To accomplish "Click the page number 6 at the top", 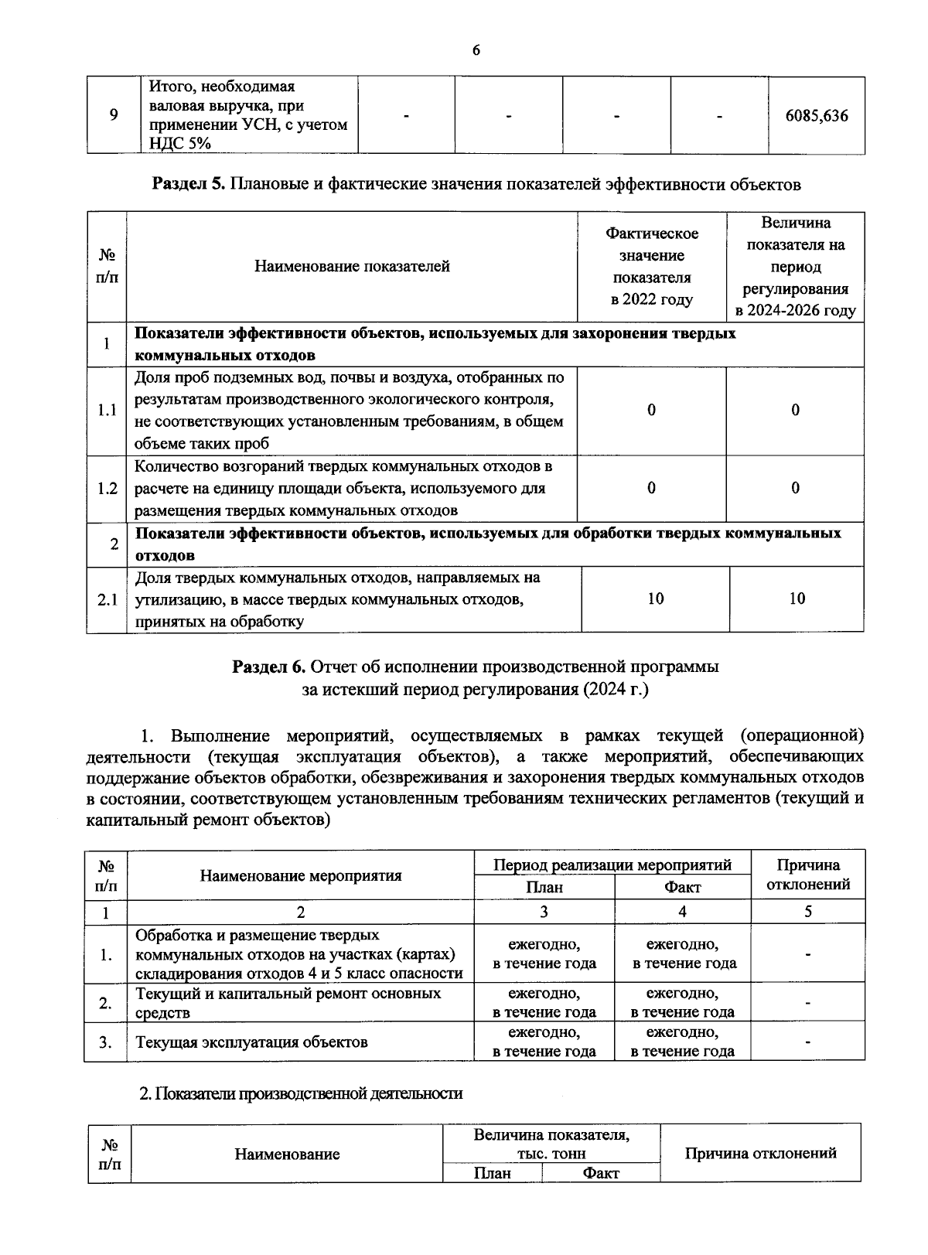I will (476, 51).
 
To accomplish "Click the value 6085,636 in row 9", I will (816, 116).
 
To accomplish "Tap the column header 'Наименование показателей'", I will (352, 267).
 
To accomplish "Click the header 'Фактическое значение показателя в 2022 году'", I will (652, 267).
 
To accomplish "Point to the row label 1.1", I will (107, 411).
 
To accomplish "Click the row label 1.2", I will (107, 489).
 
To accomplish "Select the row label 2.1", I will (107, 599).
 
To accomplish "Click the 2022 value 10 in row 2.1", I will (655, 599).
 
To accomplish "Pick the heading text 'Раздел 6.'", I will (269, 667).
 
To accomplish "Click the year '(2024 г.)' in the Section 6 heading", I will (616, 689).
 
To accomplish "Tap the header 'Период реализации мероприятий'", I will (612, 865).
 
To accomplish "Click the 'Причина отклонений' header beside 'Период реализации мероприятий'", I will (808, 875).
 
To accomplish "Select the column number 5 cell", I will (807, 912).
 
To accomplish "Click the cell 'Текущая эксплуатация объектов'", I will (251, 1042).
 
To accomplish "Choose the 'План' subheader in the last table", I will (492, 1173).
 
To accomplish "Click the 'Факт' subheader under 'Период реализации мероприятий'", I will (682, 888).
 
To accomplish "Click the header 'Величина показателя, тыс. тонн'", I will (551, 1144).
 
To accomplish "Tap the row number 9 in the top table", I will (114, 116).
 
